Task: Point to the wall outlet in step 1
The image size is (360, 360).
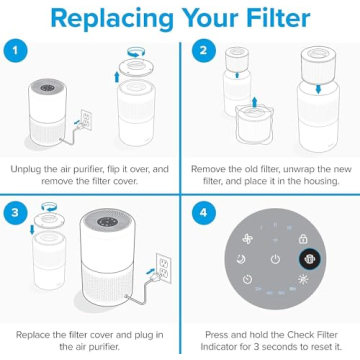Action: pos(87,121)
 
